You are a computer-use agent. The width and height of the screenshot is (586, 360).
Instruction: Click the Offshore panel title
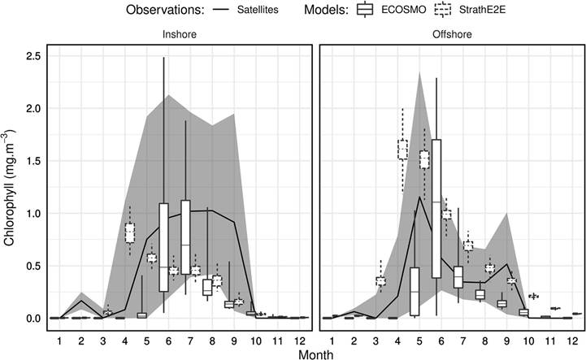click(452, 35)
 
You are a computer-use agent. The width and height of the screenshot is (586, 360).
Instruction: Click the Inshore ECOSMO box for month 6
click(163, 247)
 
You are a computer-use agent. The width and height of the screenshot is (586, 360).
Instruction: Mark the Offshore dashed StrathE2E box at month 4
click(402, 150)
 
